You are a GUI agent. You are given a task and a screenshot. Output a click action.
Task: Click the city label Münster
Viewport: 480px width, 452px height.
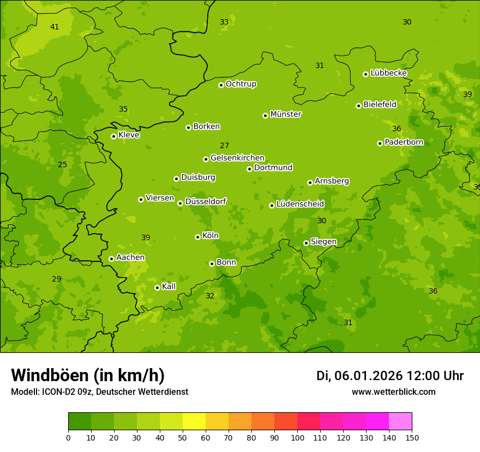click(x=285, y=114)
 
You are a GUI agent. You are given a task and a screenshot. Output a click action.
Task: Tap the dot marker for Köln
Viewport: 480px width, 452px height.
click(x=197, y=237)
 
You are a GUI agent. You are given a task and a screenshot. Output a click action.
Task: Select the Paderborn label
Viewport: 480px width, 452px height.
click(x=404, y=142)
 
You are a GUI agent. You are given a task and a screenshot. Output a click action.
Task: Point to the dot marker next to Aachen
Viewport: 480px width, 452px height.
click(x=111, y=259)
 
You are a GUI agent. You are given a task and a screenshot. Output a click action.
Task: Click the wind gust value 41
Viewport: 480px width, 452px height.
click(x=55, y=27)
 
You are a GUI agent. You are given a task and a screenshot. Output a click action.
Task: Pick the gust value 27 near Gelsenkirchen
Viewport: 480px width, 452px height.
click(x=224, y=145)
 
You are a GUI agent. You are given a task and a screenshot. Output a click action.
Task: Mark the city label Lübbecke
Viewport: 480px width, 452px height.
click(x=388, y=73)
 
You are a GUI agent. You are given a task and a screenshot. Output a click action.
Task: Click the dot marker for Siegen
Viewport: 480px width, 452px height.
click(x=306, y=243)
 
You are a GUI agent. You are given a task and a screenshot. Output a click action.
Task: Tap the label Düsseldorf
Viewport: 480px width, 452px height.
click(x=205, y=201)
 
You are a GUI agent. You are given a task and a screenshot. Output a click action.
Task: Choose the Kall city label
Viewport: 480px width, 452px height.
click(x=169, y=286)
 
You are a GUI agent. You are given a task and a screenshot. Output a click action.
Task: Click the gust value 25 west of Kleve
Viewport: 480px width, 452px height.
click(x=63, y=164)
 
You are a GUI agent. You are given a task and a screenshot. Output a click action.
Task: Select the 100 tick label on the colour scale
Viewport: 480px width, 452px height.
click(x=297, y=437)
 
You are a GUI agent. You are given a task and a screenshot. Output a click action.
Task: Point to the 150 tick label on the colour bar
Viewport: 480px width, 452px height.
click(x=412, y=437)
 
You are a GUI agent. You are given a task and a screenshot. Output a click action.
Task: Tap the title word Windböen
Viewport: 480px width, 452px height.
click(x=50, y=375)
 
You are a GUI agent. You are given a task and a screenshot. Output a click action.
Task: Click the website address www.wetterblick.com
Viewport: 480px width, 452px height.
click(x=393, y=392)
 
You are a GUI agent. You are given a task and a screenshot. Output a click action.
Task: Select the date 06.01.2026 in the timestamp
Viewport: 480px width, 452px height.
click(x=368, y=376)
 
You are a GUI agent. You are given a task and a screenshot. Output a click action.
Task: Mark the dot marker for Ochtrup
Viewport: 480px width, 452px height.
click(x=221, y=85)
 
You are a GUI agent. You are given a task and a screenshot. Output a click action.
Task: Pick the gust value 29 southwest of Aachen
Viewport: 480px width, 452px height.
click(x=56, y=279)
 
